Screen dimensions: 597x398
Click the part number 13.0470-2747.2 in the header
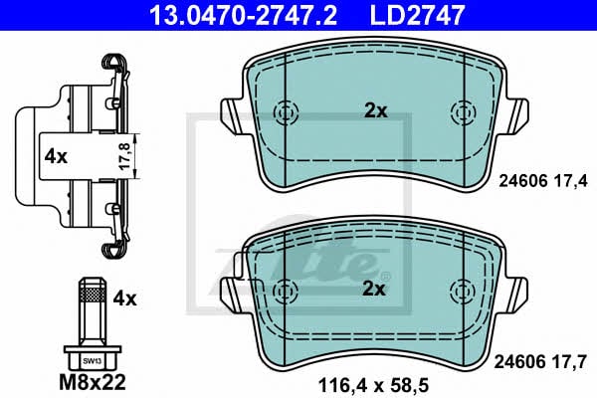243,15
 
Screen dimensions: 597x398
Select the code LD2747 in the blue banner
417,15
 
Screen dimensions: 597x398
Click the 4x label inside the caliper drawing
56,156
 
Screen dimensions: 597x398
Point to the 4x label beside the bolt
124,298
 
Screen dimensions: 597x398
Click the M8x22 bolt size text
93,382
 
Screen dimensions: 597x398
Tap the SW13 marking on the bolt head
92,361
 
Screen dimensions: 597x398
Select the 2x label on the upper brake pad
376,110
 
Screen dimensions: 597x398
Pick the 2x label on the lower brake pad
374,290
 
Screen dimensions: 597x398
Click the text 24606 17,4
543,181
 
